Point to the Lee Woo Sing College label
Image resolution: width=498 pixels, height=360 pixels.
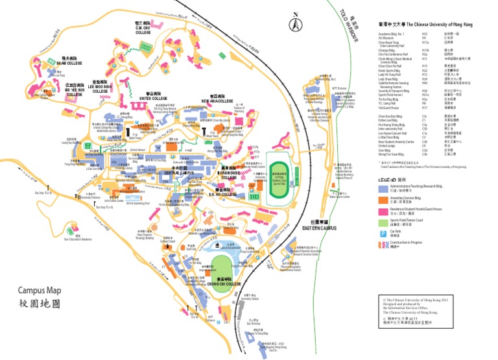pyautogui.click(x=100, y=89)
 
